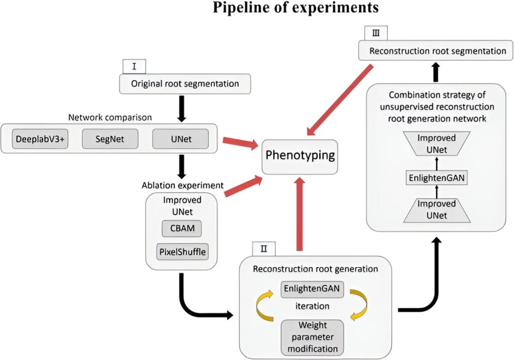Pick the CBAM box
182,229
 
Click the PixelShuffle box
182,252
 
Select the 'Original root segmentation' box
185,83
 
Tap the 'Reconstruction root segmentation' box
436,51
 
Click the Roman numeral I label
134,66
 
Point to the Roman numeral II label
264,248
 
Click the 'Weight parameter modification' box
312,337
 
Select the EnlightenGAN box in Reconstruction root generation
312,290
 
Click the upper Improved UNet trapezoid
436,143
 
